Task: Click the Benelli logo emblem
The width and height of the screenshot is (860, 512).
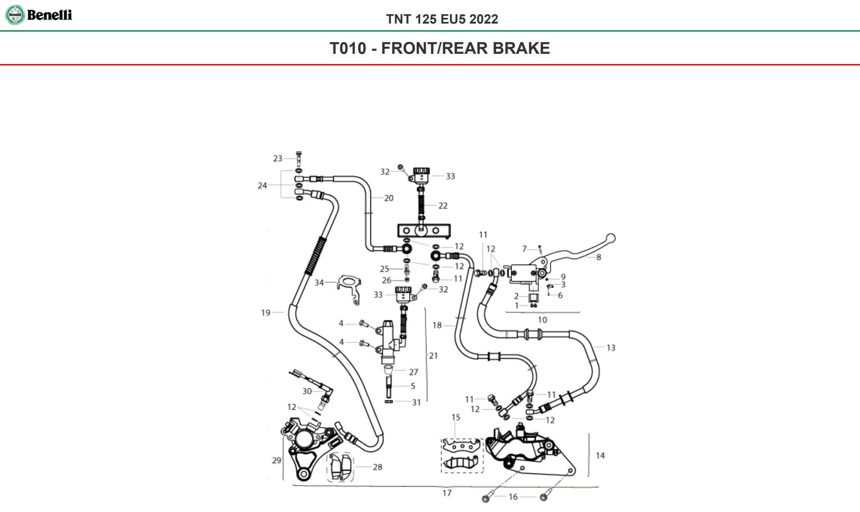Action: click(15, 15)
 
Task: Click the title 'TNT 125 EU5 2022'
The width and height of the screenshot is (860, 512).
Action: click(442, 19)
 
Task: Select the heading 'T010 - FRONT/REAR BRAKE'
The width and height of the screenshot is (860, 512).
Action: click(439, 48)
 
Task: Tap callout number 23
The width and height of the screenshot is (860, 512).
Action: click(277, 158)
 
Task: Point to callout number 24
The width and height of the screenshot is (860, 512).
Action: click(262, 185)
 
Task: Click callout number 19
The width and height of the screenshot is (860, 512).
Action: click(266, 313)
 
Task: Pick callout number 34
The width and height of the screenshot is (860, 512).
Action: click(319, 282)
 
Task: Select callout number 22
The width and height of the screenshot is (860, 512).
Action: click(442, 206)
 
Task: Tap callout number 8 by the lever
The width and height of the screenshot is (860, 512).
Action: click(599, 257)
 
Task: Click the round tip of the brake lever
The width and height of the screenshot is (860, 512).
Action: click(611, 238)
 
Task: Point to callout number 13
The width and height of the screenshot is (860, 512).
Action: click(611, 348)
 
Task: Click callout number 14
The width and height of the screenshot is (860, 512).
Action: click(600, 456)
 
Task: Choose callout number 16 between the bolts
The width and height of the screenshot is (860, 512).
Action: click(513, 497)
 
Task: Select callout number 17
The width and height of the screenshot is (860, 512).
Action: click(447, 493)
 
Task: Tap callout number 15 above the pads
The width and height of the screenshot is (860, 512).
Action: click(455, 417)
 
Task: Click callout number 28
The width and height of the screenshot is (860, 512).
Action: click(377, 467)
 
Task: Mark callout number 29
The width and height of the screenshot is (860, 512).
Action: click(276, 460)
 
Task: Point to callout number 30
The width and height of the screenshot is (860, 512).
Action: click(307, 391)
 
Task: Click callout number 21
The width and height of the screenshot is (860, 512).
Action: click(433, 356)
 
